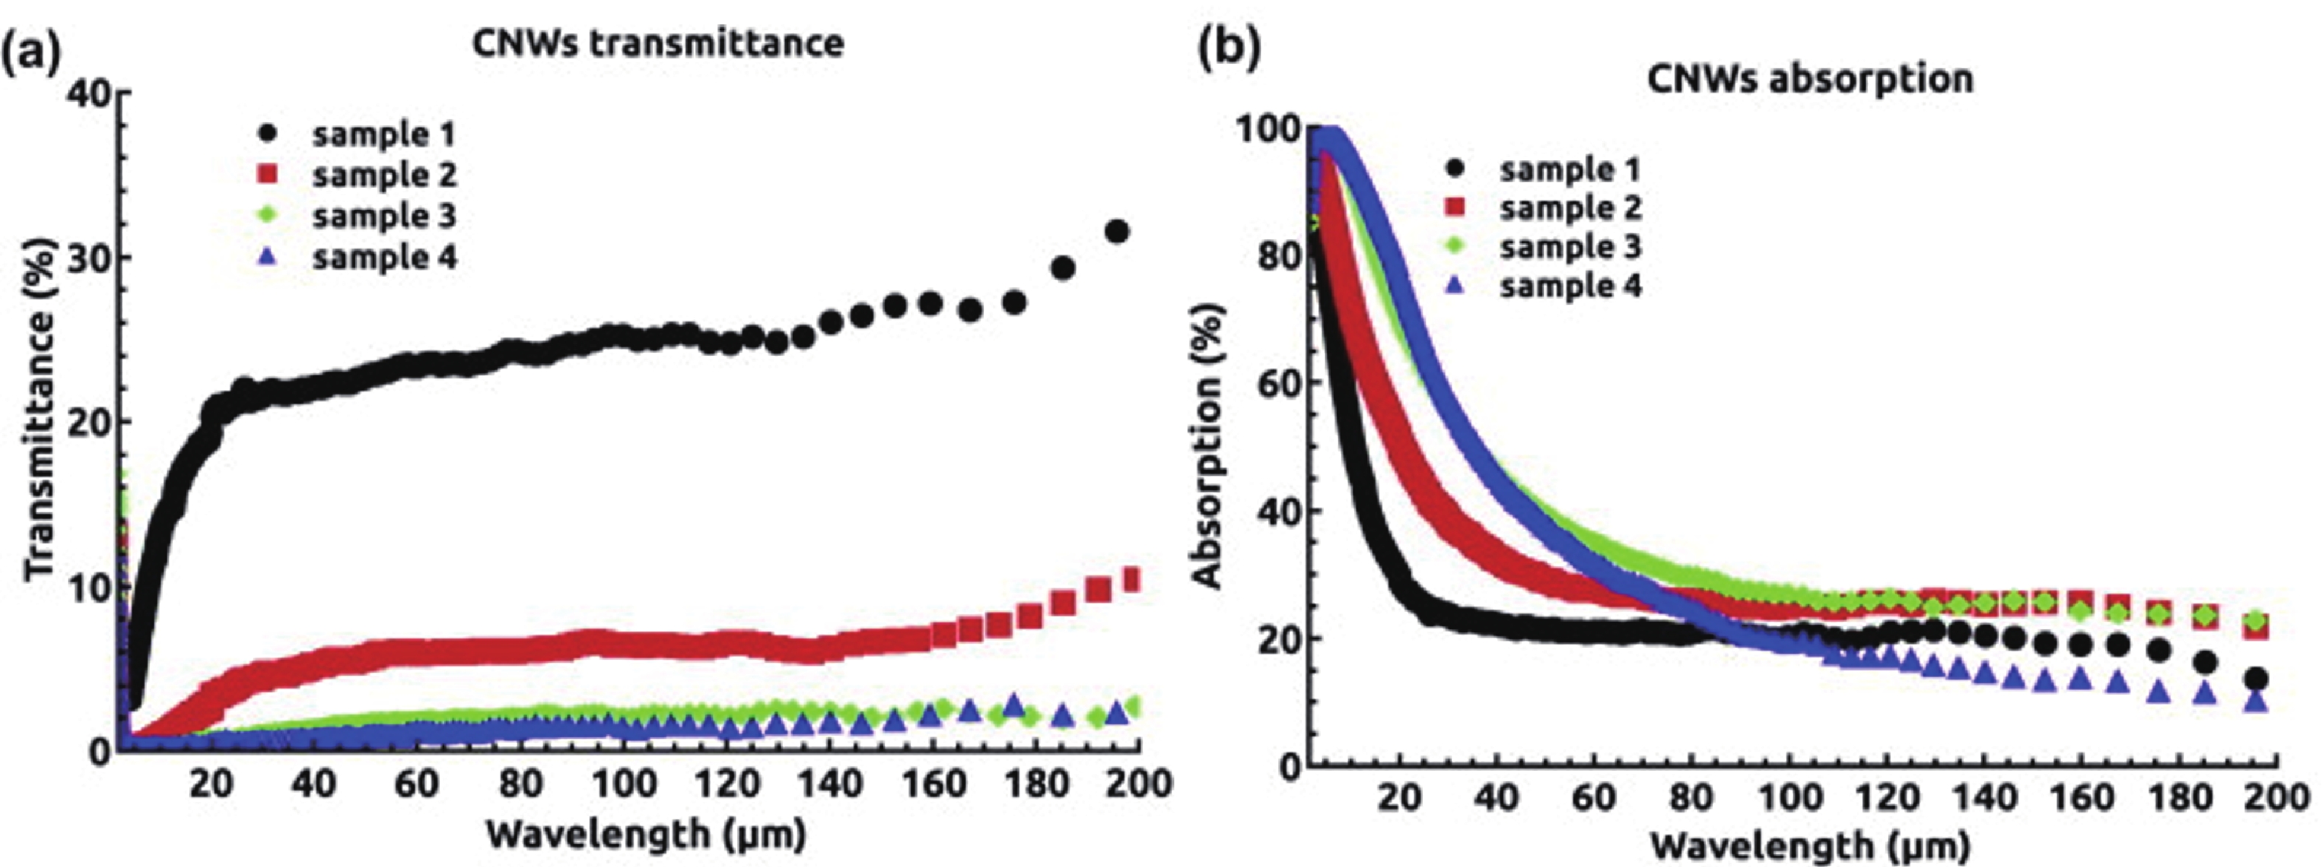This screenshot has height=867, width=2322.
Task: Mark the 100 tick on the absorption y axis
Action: tap(1266, 129)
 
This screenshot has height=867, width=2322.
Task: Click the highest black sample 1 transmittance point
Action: tap(1117, 231)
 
